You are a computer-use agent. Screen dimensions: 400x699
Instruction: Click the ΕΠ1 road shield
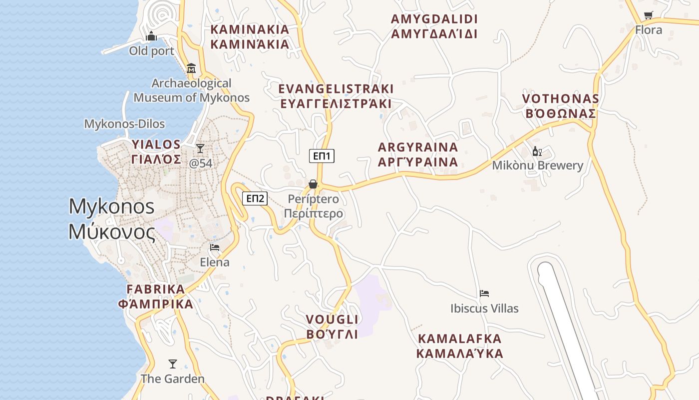click(x=322, y=156)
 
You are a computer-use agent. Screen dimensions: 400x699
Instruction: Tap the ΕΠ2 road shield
click(x=255, y=198)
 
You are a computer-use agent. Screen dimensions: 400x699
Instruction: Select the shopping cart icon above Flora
click(x=648, y=15)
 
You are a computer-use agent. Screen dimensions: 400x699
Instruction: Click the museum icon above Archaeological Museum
click(x=191, y=68)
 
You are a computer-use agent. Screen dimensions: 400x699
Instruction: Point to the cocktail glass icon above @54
click(x=200, y=148)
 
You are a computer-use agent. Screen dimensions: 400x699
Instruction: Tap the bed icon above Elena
click(x=215, y=247)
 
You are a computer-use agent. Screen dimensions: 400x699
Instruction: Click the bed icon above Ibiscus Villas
click(x=484, y=293)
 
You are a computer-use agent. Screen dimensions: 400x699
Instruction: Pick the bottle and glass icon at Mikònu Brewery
click(x=537, y=151)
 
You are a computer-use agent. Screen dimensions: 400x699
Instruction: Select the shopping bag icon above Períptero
click(x=313, y=184)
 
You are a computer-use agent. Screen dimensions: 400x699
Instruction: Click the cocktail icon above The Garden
click(x=173, y=363)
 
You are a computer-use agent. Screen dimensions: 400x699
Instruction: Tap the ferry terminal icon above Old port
click(x=151, y=36)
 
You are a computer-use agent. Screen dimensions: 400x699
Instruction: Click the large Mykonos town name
click(x=112, y=219)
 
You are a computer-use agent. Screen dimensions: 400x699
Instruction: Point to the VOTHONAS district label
click(x=560, y=106)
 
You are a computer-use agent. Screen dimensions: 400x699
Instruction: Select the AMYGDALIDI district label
click(x=434, y=26)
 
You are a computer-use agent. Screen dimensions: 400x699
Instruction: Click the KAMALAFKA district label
click(x=459, y=346)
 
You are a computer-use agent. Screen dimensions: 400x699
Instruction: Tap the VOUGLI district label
click(x=332, y=326)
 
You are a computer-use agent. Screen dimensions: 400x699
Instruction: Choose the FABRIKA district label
click(x=156, y=296)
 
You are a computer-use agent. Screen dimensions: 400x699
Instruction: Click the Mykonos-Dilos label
click(x=124, y=124)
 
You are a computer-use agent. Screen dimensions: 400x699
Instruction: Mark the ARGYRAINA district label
click(x=418, y=154)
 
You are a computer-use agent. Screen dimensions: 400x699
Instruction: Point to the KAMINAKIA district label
click(x=250, y=36)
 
